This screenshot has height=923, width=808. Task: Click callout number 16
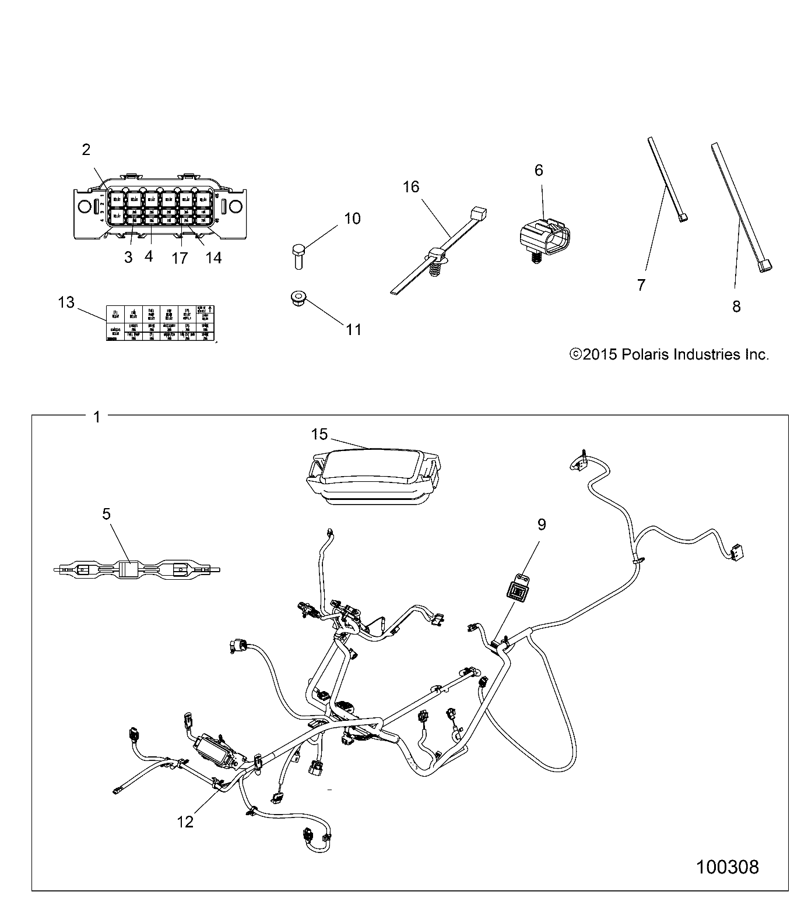tap(411, 186)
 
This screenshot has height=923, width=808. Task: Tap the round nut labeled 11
tap(297, 299)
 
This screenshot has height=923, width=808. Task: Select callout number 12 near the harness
tap(185, 822)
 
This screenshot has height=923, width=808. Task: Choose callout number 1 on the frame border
tap(97, 417)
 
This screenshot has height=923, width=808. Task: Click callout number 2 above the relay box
tap(86, 150)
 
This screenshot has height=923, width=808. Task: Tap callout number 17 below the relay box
tap(180, 258)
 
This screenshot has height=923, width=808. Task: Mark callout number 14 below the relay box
tap(214, 258)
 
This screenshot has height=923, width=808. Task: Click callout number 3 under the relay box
tap(128, 257)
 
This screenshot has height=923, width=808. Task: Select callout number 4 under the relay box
tap(149, 256)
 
